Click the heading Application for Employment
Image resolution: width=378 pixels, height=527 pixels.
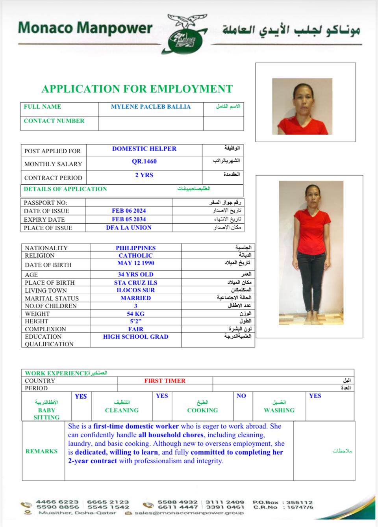click(137, 89)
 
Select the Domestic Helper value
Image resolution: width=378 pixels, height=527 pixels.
click(144, 149)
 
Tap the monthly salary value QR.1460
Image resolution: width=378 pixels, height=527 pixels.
click(144, 161)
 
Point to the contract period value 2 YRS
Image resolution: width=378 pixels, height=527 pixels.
click(144, 175)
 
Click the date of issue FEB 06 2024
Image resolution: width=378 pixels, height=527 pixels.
click(129, 211)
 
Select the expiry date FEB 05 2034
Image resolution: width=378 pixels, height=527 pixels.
click(129, 219)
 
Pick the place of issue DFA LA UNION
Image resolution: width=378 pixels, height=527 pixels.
click(129, 228)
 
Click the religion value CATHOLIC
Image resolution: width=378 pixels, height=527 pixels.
click(135, 256)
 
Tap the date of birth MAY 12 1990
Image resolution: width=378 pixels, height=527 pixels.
click(135, 263)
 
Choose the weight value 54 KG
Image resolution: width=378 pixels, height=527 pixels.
click(135, 314)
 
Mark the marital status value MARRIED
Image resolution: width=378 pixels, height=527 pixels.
click(135, 298)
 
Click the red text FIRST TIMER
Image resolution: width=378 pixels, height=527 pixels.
click(165, 381)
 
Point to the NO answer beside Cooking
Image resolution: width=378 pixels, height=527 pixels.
click(241, 396)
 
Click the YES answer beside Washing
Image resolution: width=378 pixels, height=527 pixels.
click(315, 396)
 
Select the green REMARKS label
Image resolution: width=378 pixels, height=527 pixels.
click(41, 451)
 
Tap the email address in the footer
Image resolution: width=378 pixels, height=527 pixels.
click(189, 513)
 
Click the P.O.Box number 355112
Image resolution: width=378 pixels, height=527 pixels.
click(300, 502)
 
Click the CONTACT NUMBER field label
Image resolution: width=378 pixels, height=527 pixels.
click(54, 121)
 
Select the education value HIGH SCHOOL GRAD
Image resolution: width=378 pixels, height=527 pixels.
click(135, 337)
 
